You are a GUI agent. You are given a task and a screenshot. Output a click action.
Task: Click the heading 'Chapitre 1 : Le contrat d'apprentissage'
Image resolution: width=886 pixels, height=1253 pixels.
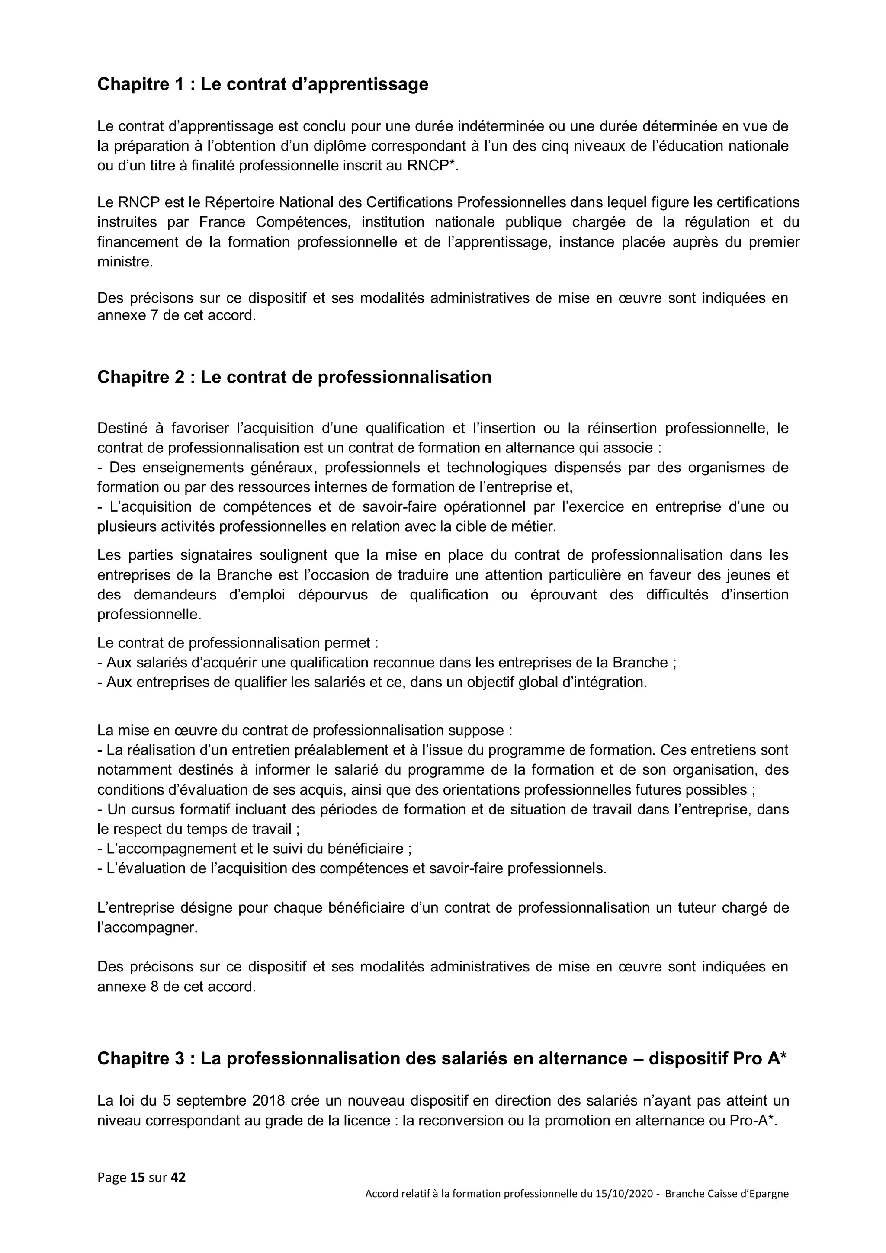(263, 85)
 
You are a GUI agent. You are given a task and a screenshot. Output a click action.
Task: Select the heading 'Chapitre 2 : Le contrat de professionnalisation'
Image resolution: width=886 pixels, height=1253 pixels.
(294, 377)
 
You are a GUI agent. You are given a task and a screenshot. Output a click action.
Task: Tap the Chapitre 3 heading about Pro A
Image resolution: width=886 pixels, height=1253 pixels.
(442, 1059)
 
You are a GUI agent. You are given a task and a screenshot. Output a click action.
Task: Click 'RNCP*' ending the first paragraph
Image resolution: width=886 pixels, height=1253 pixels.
(432, 166)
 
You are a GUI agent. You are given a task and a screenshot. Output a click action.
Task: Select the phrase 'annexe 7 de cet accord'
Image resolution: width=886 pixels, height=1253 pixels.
(176, 315)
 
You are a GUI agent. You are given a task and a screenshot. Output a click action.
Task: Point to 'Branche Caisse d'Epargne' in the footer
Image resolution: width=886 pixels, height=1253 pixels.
(727, 1193)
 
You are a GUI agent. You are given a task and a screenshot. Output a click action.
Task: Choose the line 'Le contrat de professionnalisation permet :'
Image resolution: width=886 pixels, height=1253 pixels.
(238, 643)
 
